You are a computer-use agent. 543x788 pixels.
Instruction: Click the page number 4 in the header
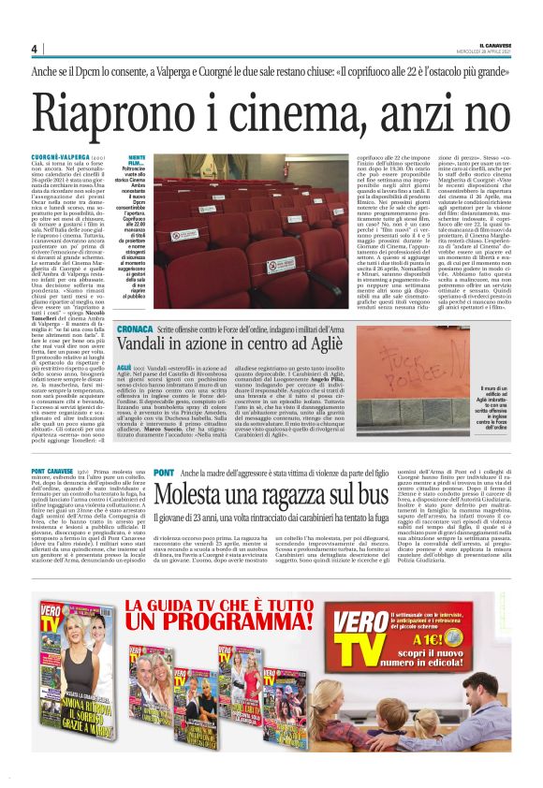point(34,49)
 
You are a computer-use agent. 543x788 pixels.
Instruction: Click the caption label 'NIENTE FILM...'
point(136,161)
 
